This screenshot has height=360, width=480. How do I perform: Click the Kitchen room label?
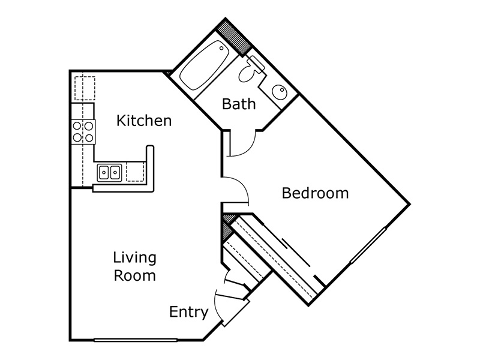pyautogui.click(x=144, y=121)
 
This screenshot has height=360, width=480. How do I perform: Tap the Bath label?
pyautogui.click(x=239, y=104)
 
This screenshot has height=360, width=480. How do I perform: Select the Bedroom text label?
pyautogui.click(x=316, y=193)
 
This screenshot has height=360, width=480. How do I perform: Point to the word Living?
pyautogui.click(x=134, y=258)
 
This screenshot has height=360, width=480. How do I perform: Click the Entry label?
pyautogui.click(x=189, y=312)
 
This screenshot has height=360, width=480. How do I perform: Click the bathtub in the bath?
pyautogui.click(x=204, y=65)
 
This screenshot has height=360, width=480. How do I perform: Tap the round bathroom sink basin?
pyautogui.click(x=280, y=92)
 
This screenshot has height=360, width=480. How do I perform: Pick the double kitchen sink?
pyautogui.click(x=110, y=172)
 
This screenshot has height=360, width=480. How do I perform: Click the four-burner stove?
pyautogui.click(x=83, y=132)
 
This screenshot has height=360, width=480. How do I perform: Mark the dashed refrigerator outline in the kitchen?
pyautogui.click(x=85, y=88)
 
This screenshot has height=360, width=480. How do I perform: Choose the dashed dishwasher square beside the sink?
pyautogui.click(x=136, y=172)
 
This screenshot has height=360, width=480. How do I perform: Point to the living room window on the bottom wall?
pyautogui.click(x=136, y=340)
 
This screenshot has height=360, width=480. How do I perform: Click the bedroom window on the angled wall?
pyautogui.click(x=368, y=245)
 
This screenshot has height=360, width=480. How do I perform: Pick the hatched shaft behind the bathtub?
pyautogui.click(x=234, y=37)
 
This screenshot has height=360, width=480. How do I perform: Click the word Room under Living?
pyautogui.click(x=134, y=275)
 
